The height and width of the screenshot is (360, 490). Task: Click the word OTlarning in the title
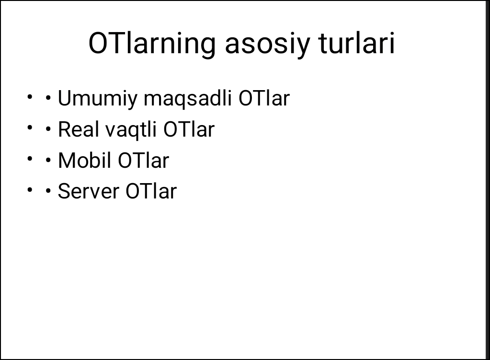[x=152, y=43]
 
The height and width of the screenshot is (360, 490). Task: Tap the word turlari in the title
[x=356, y=43]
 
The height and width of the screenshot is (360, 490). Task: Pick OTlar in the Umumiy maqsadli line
[x=264, y=99]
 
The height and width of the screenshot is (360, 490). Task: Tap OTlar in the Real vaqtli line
[x=189, y=129]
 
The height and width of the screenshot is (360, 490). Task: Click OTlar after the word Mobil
[x=143, y=161]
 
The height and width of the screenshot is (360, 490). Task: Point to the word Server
[x=89, y=191]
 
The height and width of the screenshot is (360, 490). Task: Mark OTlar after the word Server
[x=151, y=191]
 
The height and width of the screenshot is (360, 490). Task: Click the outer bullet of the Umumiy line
[x=30, y=97]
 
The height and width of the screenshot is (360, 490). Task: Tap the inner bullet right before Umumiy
[x=48, y=98]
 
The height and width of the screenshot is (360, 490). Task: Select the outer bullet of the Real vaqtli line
[x=30, y=128]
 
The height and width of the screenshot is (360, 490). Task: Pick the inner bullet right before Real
[x=48, y=129]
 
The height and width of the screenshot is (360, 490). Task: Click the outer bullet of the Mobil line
[x=30, y=159]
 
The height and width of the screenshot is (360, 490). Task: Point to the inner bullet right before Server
[x=48, y=191]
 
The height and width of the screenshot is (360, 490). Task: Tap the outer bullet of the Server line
[x=30, y=189]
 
